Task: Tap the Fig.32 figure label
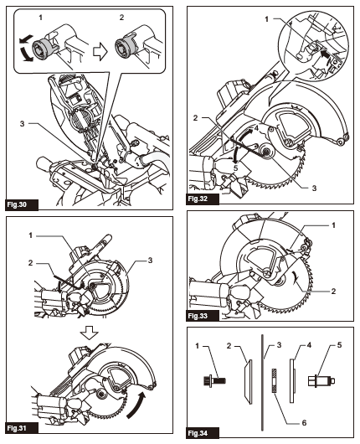[x=198, y=200]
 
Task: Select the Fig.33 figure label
[x=198, y=318]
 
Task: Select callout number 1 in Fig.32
[x=265, y=18]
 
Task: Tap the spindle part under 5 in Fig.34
[x=321, y=376]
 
